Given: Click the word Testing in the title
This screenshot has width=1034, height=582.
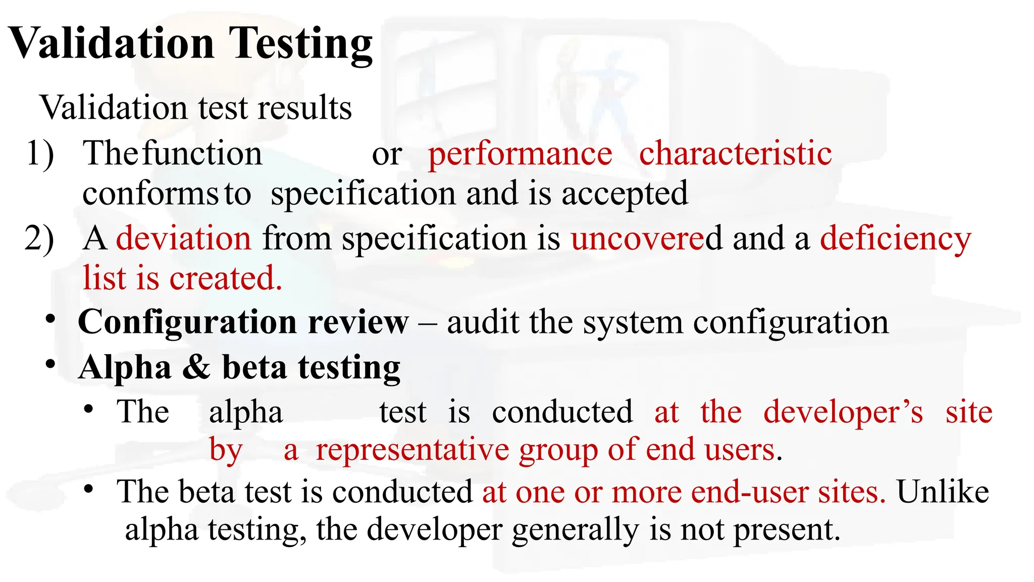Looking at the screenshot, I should [x=301, y=44].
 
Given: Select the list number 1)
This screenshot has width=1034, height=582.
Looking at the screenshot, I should [x=40, y=153].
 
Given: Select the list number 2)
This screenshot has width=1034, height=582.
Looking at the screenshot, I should [x=39, y=238].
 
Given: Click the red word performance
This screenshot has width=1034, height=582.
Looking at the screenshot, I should [x=520, y=154].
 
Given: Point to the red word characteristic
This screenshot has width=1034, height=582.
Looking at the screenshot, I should [x=735, y=153].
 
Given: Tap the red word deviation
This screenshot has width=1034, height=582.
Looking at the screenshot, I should [x=184, y=238].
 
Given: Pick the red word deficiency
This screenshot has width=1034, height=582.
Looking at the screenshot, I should [x=895, y=239].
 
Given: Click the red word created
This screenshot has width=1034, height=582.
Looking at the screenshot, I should [x=225, y=278].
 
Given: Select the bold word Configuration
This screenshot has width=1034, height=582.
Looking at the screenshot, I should [x=187, y=323].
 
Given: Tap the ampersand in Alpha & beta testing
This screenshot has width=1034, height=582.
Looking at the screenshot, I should [x=196, y=367].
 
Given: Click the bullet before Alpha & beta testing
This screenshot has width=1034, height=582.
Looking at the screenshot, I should [x=50, y=364].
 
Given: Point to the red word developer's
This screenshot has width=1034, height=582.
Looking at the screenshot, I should [x=843, y=412].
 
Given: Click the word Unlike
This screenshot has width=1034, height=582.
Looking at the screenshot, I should [x=943, y=492].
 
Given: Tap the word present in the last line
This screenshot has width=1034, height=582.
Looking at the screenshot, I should [x=787, y=530].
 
